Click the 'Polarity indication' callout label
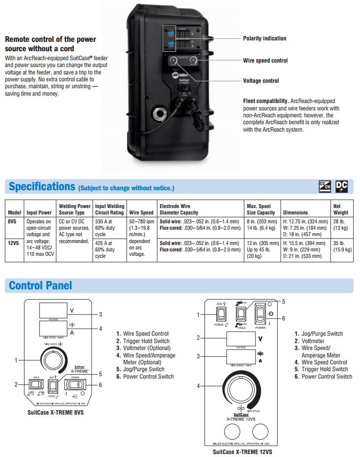click(x=264, y=38)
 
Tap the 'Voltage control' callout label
click(x=261, y=81)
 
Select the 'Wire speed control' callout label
click(x=265, y=61)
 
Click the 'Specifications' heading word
click(x=42, y=186)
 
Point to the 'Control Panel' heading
click(x=40, y=285)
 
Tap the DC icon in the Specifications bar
click(x=341, y=186)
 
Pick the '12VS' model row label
click(x=13, y=243)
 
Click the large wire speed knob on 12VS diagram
click(x=242, y=385)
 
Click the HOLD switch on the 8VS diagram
click(x=36, y=385)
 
